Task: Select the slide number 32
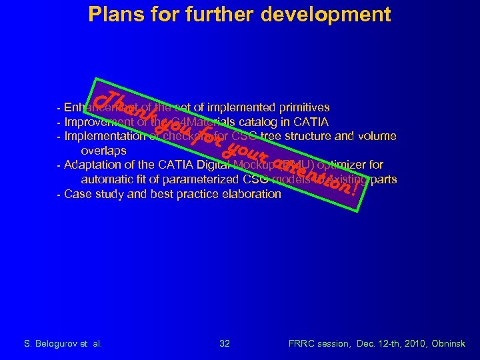(225, 343)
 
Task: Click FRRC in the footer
(301, 343)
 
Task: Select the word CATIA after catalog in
(308, 122)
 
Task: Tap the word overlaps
(103, 151)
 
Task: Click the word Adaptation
(94, 165)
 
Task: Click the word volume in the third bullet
(378, 136)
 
